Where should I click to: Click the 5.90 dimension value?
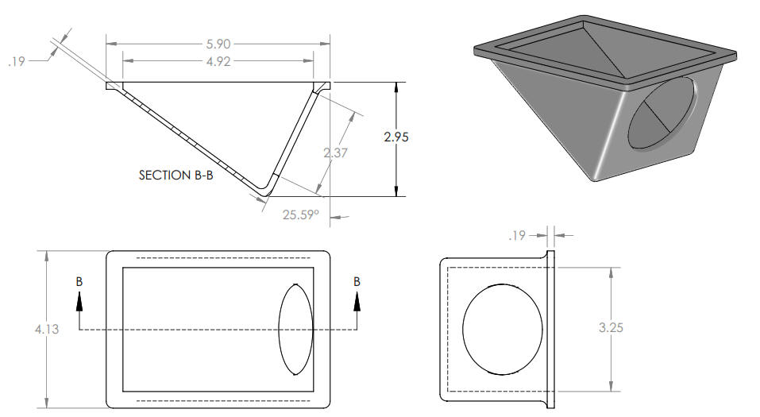218,44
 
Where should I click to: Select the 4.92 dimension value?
218,62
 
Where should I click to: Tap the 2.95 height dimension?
396,137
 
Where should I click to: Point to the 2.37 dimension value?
335,153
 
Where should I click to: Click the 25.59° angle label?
301,214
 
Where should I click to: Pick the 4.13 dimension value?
47,330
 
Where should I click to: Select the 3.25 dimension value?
611,328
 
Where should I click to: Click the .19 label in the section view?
16,62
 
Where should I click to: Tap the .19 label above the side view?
517,236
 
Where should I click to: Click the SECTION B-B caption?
176,175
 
